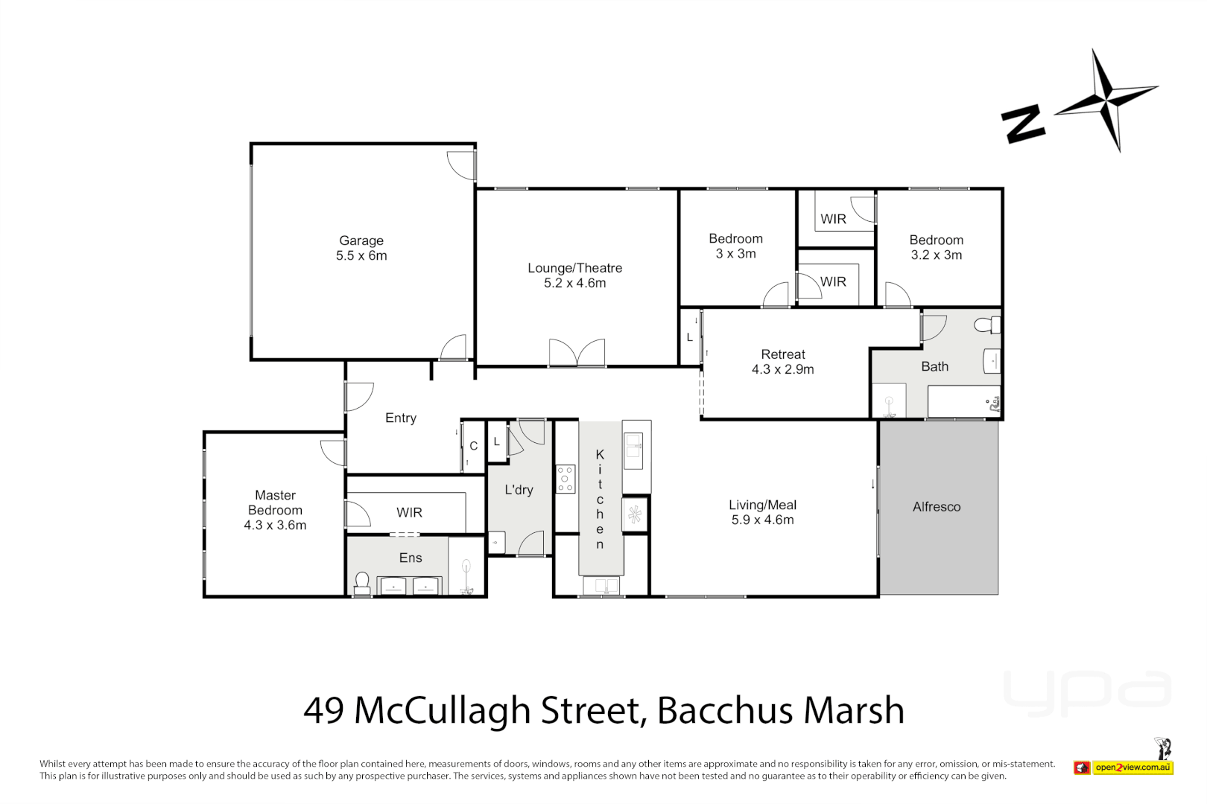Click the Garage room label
pos(361,240)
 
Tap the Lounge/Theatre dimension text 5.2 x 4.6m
pos(574,283)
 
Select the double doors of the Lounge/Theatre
pos(577,353)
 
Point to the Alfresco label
pos(937,507)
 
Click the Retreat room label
pos(782,354)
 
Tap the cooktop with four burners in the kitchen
pos(566,479)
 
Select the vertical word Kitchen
pos(600,499)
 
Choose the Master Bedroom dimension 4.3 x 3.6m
pos(275,525)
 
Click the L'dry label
pos(519,490)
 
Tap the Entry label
pos(400,418)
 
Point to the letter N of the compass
pos(1023,124)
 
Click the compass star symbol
pos(1107,100)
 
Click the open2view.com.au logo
pos(1124,767)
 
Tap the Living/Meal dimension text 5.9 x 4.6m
pos(762,520)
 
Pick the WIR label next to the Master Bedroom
pos(409,513)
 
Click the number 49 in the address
pos(323,710)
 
